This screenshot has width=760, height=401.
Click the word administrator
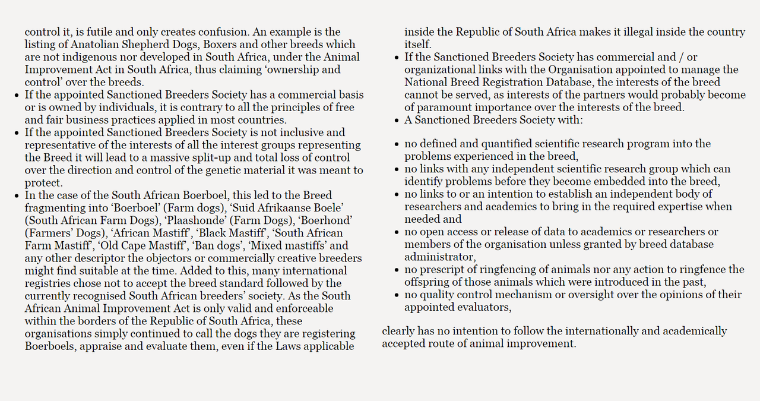pos(439,257)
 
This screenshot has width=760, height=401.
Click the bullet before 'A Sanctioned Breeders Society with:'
pos(397,121)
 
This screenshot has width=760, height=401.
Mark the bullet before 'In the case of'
pos(17,195)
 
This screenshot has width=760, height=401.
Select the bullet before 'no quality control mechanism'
pos(397,295)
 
